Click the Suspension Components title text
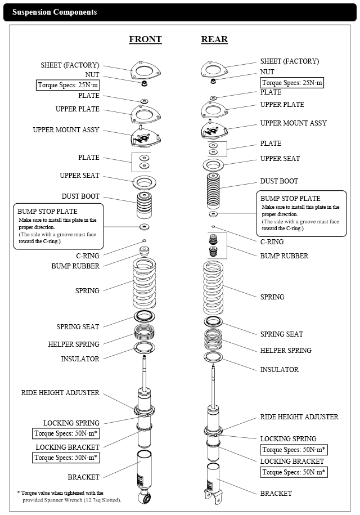click(55, 12)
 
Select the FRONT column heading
click(145, 39)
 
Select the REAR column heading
click(214, 39)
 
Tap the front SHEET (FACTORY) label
click(70, 65)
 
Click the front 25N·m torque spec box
click(67, 86)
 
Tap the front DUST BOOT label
click(80, 196)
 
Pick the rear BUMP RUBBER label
click(284, 256)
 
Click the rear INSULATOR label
click(279, 370)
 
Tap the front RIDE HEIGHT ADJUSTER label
click(60, 392)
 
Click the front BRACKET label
click(83, 477)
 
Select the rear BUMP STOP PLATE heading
click(290, 199)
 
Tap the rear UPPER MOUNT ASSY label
click(293, 123)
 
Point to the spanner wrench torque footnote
click(69, 496)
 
